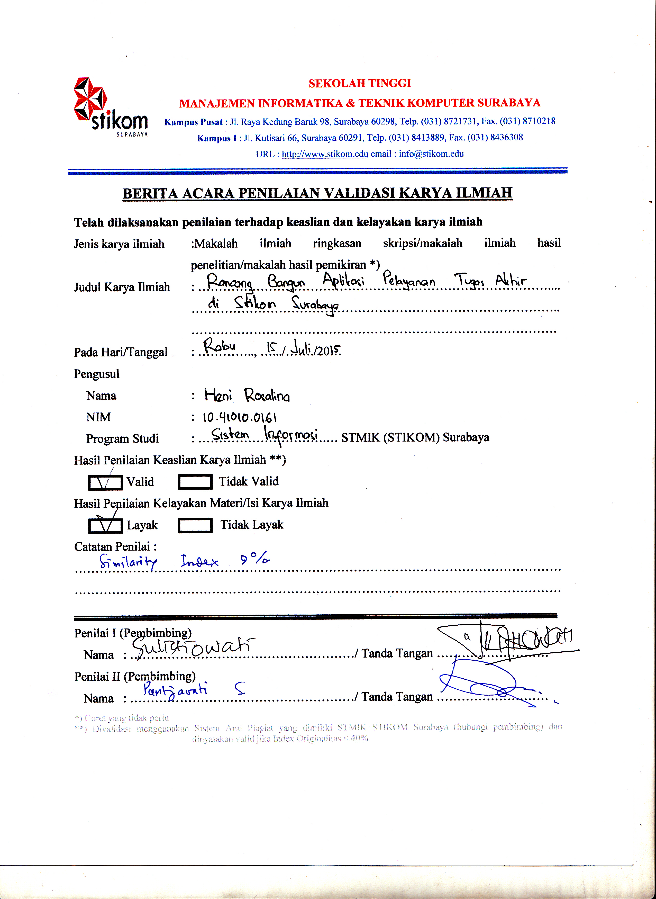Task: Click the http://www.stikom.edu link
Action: (325, 154)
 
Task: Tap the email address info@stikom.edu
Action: (431, 154)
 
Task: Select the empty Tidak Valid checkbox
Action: (195, 482)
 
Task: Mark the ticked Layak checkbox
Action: (105, 526)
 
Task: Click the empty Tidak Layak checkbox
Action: (195, 526)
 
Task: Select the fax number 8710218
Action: (539, 121)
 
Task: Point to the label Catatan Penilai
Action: (115, 547)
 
